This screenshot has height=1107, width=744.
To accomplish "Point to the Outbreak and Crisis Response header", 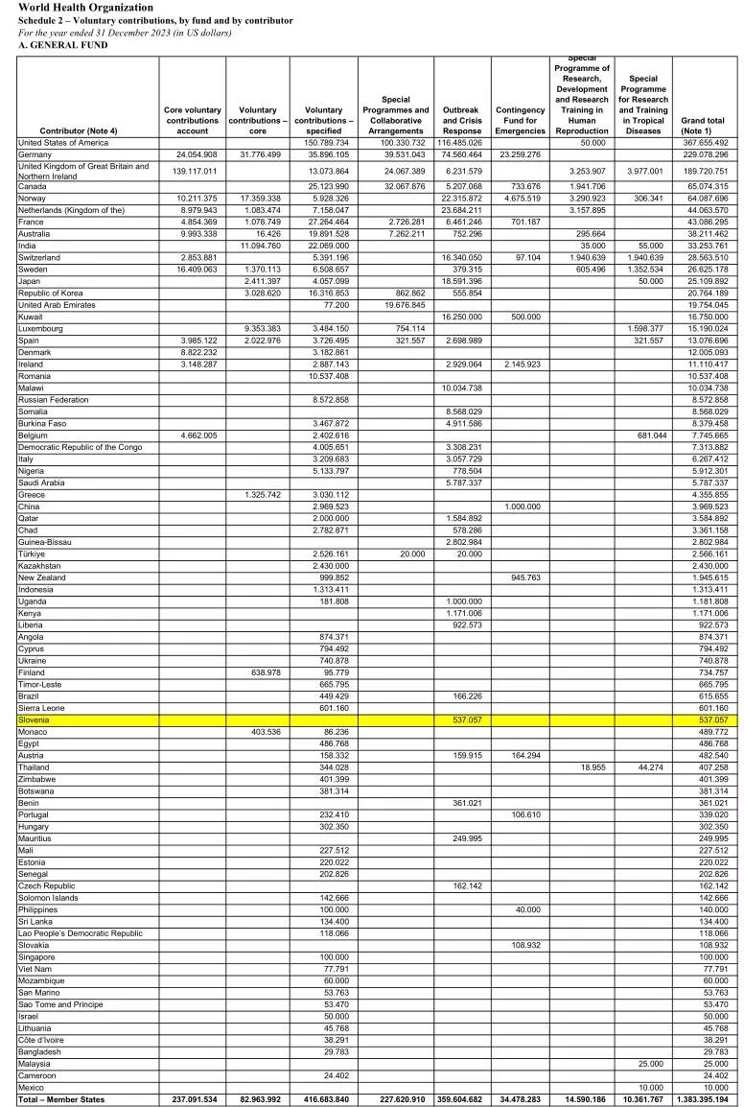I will tap(462, 121).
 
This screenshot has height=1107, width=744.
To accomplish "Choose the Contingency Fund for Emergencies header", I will tap(521, 121).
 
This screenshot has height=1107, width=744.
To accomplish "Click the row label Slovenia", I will tap(34, 719).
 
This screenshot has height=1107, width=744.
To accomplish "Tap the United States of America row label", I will tap(64, 142).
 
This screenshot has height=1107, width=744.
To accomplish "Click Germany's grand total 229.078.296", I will tap(705, 154).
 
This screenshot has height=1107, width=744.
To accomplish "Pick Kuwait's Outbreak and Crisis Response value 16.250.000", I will tap(462, 316).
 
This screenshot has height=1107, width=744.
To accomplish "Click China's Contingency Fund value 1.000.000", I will tap(521, 506).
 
